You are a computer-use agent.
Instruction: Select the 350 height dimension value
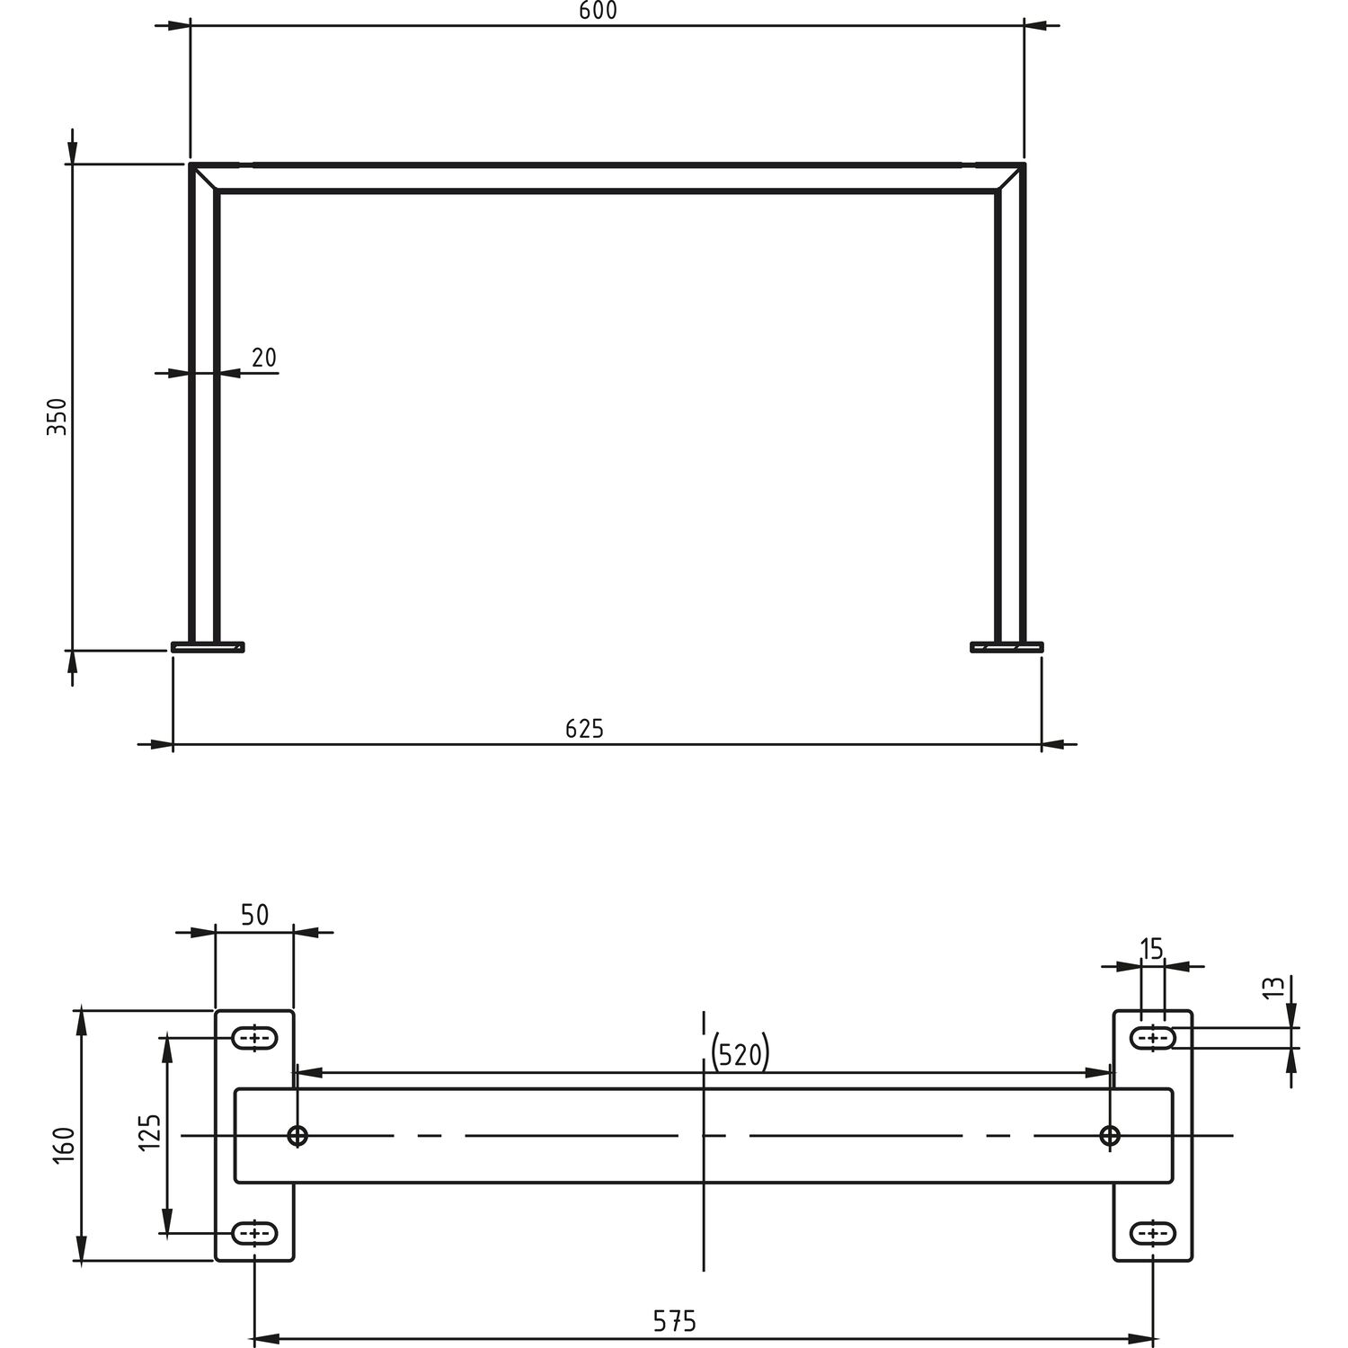[x=57, y=417]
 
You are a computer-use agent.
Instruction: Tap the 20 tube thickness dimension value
[x=264, y=358]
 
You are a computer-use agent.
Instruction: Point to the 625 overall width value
[x=584, y=729]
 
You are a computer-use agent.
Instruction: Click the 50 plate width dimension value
[x=255, y=915]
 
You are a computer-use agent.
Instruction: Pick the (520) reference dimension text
[x=741, y=1055]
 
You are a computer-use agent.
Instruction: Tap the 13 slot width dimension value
[x=1273, y=989]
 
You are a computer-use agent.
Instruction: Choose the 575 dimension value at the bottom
[x=675, y=1321]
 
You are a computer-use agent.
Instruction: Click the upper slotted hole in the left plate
[x=255, y=1039]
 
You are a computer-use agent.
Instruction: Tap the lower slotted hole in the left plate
[x=255, y=1233]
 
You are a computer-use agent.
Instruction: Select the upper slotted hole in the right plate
[x=1152, y=1039]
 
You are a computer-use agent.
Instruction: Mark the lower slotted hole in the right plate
[x=1152, y=1233]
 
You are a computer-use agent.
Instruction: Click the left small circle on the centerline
[x=297, y=1136]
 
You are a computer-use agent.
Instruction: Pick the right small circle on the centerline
[x=1110, y=1136]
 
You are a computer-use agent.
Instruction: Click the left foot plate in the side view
[x=208, y=646]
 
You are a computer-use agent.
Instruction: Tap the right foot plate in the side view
[x=1007, y=646]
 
